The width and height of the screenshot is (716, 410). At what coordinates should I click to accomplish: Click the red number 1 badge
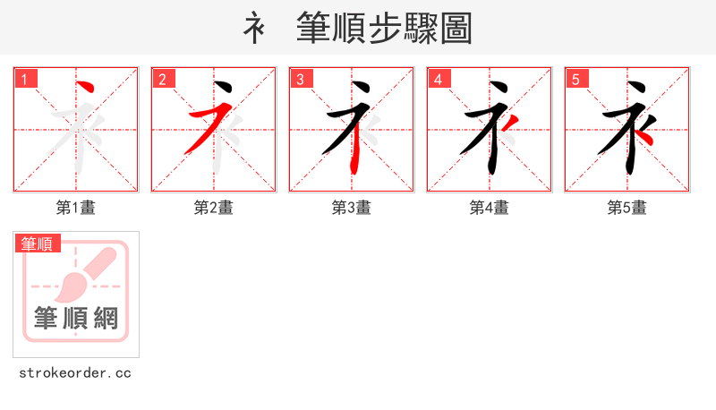[x=25, y=79]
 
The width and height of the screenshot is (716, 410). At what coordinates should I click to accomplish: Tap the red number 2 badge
[x=163, y=79]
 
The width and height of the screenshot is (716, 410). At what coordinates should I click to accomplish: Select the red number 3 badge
[x=301, y=79]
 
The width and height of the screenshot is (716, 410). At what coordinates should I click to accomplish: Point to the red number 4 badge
[x=439, y=79]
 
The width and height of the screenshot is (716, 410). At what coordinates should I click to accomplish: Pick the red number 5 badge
[x=576, y=79]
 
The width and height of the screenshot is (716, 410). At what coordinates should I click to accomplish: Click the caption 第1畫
[x=76, y=208]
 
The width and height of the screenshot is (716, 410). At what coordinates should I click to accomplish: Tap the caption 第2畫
[x=214, y=208]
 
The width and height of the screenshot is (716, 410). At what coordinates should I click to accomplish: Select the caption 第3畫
[x=352, y=208]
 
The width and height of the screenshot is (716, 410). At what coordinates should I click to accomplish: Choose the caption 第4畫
[x=490, y=208]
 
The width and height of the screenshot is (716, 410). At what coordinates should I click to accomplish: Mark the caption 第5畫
[x=627, y=208]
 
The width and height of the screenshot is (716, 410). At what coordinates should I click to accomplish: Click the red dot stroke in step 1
[x=87, y=88]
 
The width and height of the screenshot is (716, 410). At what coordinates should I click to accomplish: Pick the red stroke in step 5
[x=648, y=136]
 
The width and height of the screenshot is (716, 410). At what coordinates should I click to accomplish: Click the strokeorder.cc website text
[x=75, y=372]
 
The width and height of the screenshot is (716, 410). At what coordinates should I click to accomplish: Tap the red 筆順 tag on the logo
[x=38, y=243]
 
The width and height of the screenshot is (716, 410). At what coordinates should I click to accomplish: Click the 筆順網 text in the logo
[x=76, y=318]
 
